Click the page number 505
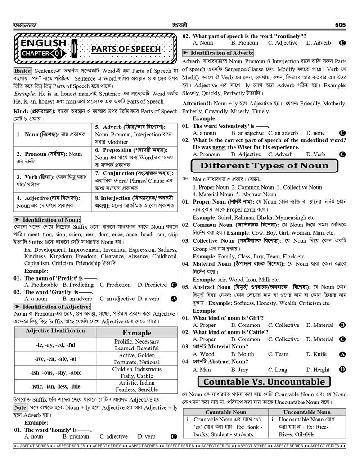[340, 25]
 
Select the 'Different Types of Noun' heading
[264, 166]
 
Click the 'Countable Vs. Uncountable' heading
[264, 382]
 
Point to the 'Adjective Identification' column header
[55, 331]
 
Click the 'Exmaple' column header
[137, 333]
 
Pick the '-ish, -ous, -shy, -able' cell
[55, 373]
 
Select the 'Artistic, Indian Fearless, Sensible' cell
[137, 386]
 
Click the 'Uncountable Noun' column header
[307, 412]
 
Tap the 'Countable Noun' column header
[226, 412]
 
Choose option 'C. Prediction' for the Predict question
[115, 285]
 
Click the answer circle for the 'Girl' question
[342, 325]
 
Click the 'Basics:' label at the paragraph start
[23, 71]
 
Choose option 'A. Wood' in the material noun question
[203, 354]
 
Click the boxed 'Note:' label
[21, 407]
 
